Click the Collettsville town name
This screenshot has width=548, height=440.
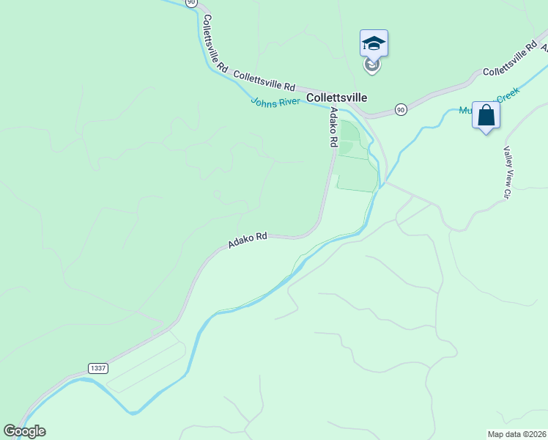[336, 97]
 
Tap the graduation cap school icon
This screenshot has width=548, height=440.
[374, 43]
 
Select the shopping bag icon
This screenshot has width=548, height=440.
[486, 116]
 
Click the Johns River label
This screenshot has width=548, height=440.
[275, 103]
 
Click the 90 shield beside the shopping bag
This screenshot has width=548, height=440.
[400, 109]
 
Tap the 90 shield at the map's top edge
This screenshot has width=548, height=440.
[191, 3]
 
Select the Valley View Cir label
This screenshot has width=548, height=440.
[506, 172]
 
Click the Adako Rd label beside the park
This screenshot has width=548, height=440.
[333, 125]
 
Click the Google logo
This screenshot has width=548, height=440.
[24, 431]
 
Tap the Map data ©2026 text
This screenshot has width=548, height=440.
[516, 434]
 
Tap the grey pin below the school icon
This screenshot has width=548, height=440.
[372, 65]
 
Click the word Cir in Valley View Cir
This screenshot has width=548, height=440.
[506, 192]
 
